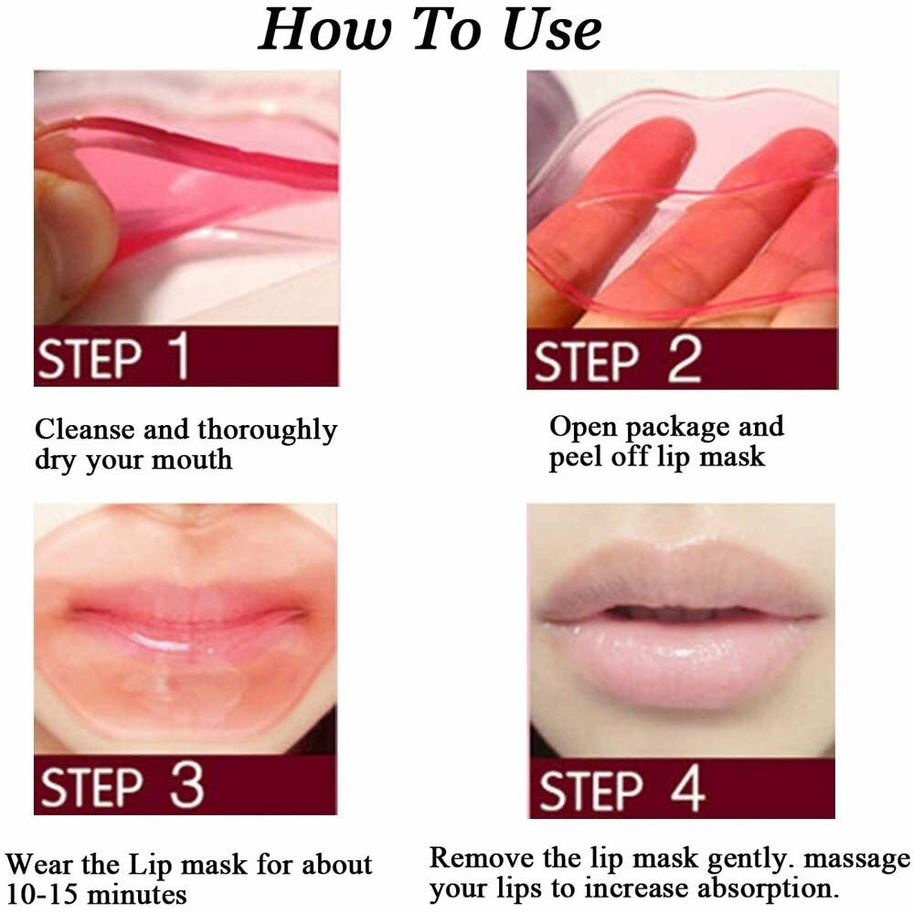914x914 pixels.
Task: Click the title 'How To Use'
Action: [x=430, y=29]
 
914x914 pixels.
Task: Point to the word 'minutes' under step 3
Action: [x=138, y=892]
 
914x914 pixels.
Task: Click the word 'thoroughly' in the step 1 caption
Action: [x=267, y=430]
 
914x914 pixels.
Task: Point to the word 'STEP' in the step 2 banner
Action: [x=586, y=361]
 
